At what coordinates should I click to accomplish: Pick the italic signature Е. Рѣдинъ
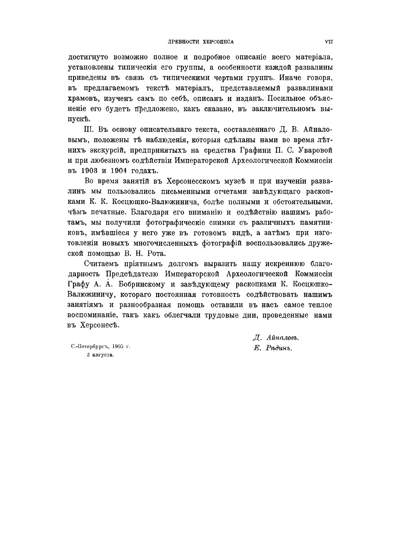click(273, 348)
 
